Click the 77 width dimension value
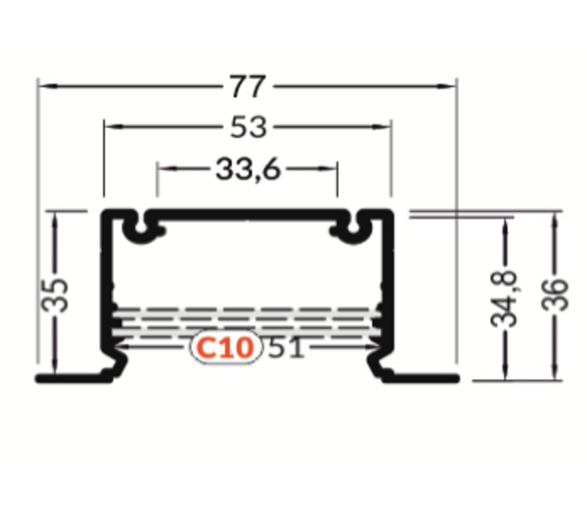click(248, 87)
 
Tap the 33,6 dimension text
click(248, 169)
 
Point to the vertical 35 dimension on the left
click(58, 295)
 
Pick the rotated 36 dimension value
click(556, 295)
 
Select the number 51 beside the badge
click(285, 349)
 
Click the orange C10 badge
click(226, 349)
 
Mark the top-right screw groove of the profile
click(350, 229)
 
